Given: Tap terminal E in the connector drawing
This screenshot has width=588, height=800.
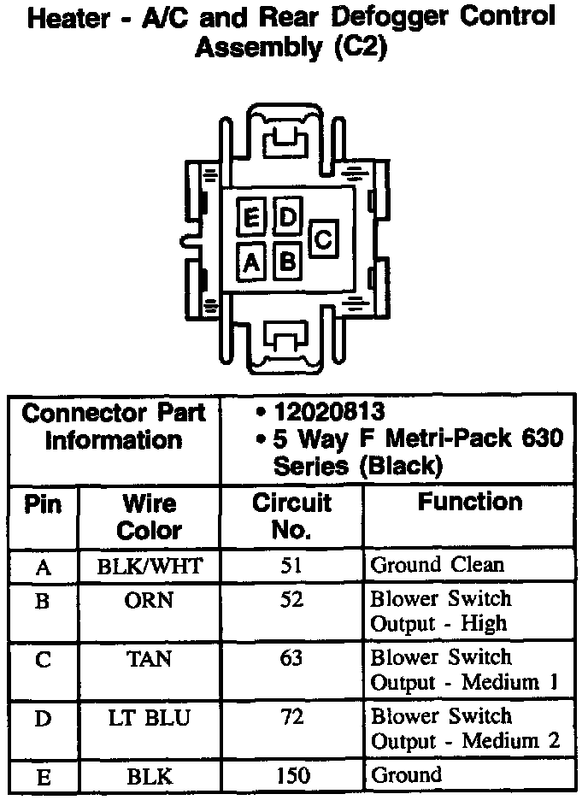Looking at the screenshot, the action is [251, 219].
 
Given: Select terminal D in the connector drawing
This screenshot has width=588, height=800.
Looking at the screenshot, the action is [288, 218].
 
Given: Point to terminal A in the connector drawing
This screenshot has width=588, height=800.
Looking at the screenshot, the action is [251, 262].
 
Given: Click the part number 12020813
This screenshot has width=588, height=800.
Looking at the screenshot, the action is [328, 412].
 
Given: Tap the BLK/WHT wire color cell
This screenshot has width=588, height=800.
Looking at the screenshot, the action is [150, 565].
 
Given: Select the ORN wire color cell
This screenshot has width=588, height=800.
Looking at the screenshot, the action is [150, 600].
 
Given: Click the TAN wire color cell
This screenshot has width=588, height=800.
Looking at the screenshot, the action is [150, 659].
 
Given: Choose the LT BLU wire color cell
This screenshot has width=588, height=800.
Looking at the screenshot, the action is [150, 717].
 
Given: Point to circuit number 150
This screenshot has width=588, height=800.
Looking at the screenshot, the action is [291, 775].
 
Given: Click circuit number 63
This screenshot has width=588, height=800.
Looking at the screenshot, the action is [291, 659].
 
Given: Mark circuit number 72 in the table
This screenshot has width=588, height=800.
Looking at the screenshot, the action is [291, 717].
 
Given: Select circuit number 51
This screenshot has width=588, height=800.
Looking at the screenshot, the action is [291, 565].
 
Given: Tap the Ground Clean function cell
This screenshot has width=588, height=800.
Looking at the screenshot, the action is [437, 565].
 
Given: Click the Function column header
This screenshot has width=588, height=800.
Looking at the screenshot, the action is [469, 503].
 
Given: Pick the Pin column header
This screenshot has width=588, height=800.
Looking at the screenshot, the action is [43, 504].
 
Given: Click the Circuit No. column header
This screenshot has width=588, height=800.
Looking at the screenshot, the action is [291, 516].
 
